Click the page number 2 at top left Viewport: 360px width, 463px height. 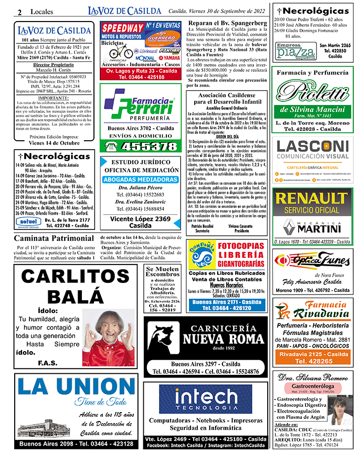19,12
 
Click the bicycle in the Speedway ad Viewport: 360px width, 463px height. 121,51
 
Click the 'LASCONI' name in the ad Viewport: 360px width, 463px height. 312,146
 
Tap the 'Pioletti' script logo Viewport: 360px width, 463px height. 312,95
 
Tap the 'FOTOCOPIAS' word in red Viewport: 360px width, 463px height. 242,246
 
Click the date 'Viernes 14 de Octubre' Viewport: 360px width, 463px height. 54,142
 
